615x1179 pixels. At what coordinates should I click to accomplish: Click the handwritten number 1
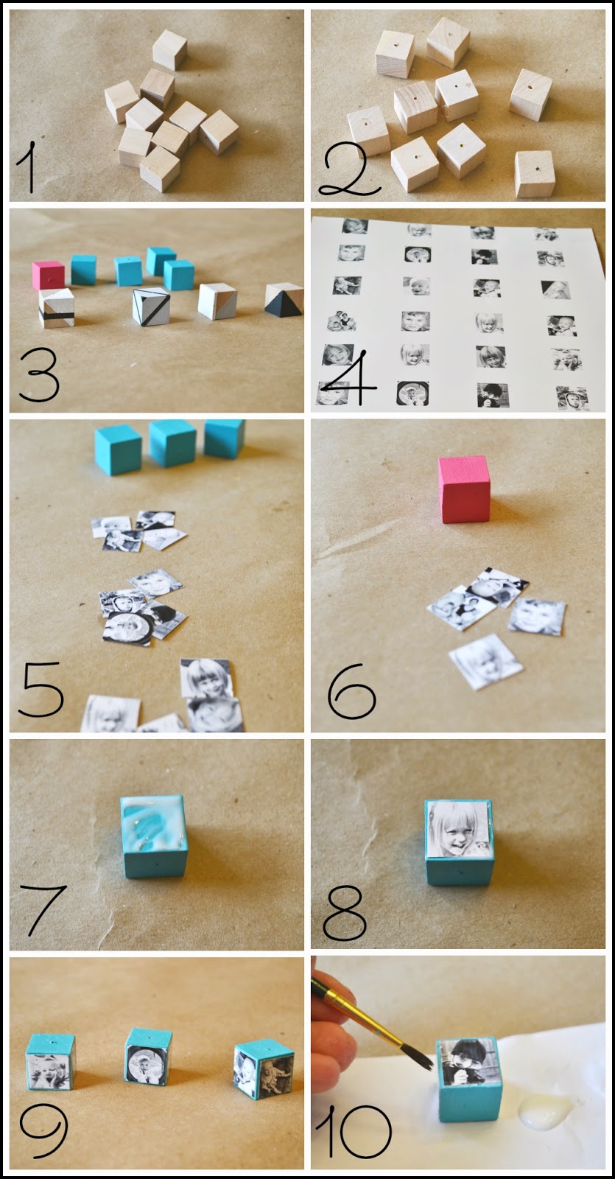coord(27,167)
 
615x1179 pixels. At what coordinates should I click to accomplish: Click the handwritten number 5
coord(42,690)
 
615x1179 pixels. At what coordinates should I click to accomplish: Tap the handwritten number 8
coord(344,913)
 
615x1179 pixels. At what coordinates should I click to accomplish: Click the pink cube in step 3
coord(48,275)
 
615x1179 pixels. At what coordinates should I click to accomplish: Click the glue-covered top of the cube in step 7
coord(152,820)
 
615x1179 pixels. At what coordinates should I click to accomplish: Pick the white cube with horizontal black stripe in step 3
coord(56,309)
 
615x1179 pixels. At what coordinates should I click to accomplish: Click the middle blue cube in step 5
coord(172,443)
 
